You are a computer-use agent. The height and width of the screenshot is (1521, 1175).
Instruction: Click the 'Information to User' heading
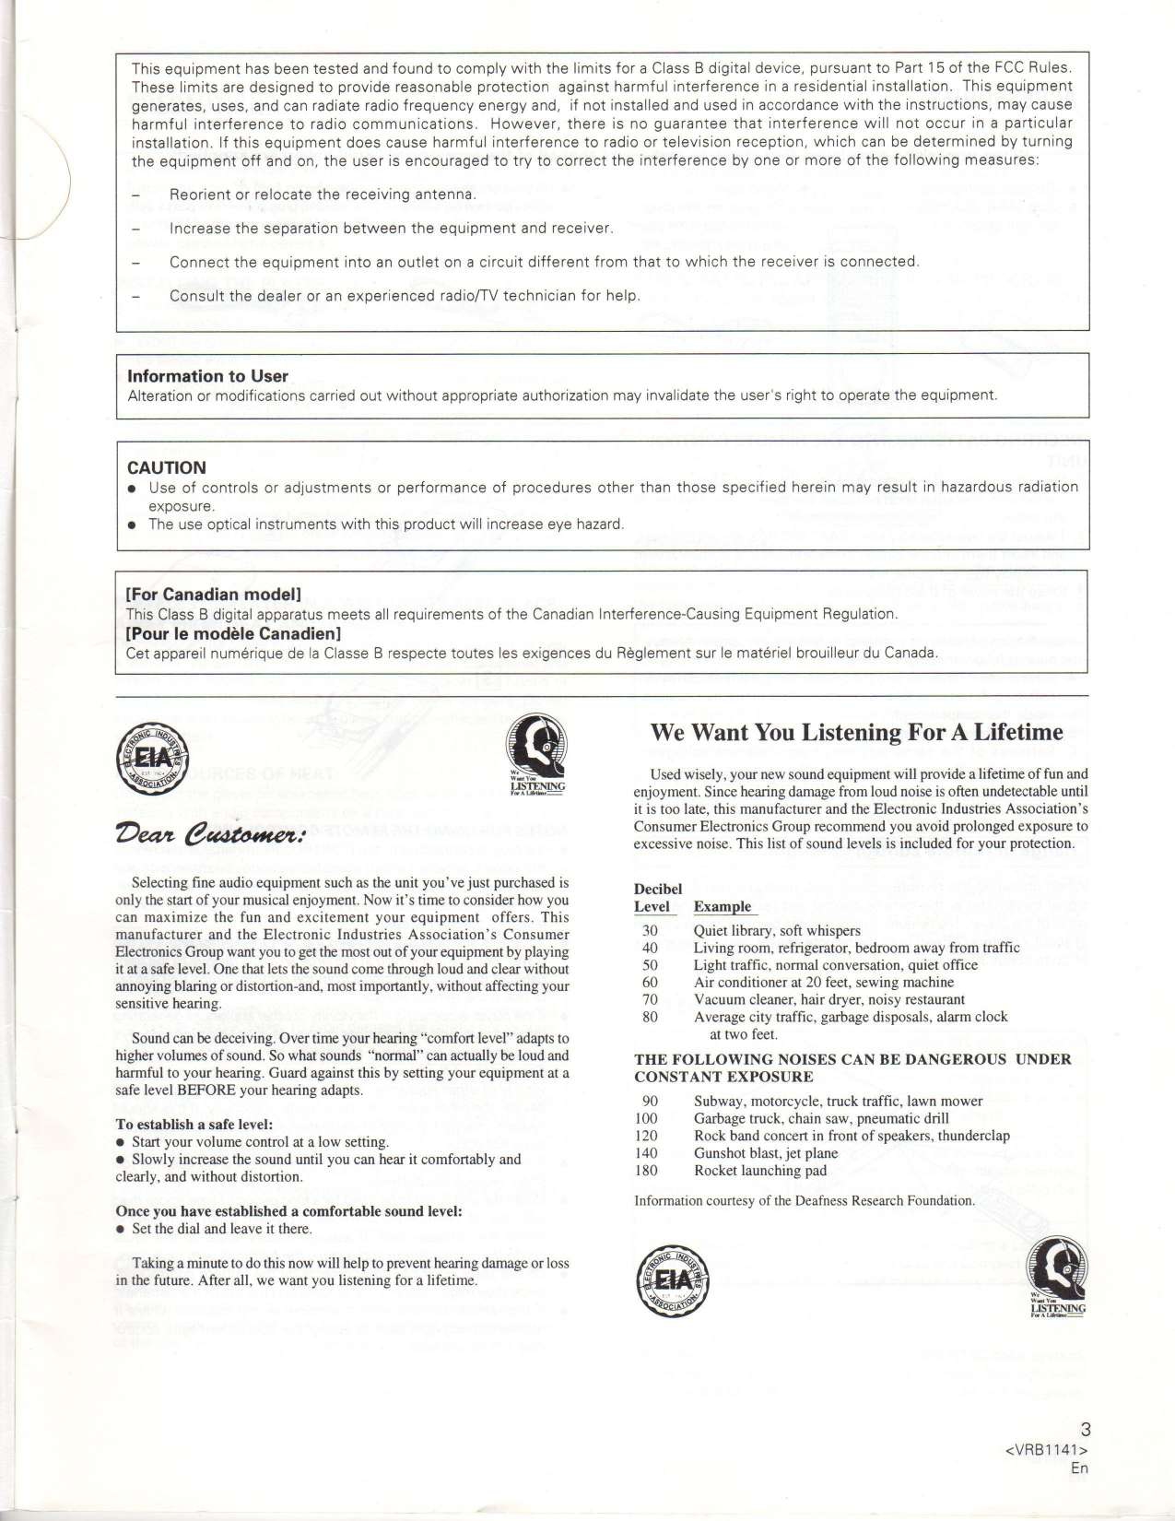click(x=207, y=376)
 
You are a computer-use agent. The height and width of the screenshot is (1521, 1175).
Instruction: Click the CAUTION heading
click(x=166, y=467)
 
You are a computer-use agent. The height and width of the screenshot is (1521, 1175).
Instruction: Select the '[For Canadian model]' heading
click(x=214, y=595)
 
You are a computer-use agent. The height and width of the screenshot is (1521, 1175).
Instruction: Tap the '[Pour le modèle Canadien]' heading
click(x=233, y=634)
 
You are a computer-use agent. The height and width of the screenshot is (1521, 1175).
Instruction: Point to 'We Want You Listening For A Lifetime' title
click(x=856, y=733)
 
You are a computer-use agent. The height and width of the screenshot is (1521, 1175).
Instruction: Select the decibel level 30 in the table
click(x=650, y=931)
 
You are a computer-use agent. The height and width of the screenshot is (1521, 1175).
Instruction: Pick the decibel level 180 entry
click(x=646, y=1171)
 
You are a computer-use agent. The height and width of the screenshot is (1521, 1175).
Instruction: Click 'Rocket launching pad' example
click(x=760, y=1171)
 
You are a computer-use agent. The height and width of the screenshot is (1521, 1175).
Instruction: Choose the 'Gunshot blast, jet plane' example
click(x=766, y=1153)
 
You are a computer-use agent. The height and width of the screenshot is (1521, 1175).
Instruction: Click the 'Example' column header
click(x=723, y=907)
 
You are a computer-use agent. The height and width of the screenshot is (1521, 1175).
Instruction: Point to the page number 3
click(x=1085, y=1430)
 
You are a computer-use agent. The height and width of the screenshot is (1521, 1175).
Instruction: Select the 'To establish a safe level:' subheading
click(x=194, y=1125)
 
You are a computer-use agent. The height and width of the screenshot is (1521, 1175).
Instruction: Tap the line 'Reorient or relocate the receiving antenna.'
click(x=323, y=195)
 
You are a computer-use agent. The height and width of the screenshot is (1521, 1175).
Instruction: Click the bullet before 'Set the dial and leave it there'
click(x=121, y=1230)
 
